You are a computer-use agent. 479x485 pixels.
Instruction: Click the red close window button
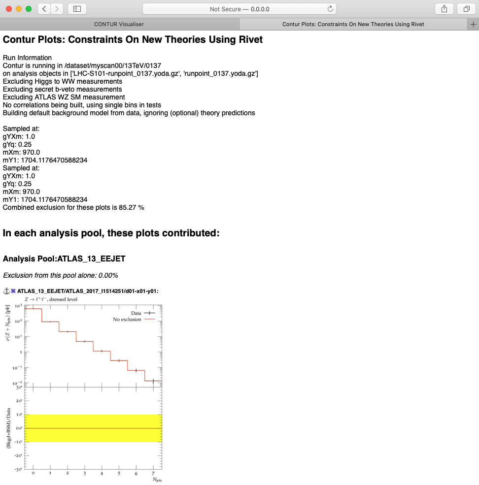pyautogui.click(x=9, y=9)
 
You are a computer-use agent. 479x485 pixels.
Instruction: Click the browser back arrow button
pyautogui.click(x=44, y=9)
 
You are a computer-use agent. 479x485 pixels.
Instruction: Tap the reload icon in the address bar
pyautogui.click(x=330, y=9)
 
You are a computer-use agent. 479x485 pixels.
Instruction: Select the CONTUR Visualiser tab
pyautogui.click(x=119, y=24)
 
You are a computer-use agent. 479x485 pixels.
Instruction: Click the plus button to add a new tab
pyautogui.click(x=474, y=24)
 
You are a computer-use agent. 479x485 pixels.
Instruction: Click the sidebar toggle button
pyautogui.click(x=77, y=9)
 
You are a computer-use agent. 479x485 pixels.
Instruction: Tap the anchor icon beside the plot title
pyautogui.click(x=6, y=291)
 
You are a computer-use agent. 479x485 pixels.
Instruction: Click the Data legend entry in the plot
pyautogui.click(x=137, y=313)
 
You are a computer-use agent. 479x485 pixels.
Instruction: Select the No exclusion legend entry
pyautogui.click(x=127, y=320)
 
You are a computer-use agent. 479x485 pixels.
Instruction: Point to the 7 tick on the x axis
pyautogui.click(x=153, y=473)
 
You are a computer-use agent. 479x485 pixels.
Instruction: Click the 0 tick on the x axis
pyautogui.click(x=33, y=473)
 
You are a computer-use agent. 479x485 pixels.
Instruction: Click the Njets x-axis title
pyautogui.click(x=156, y=480)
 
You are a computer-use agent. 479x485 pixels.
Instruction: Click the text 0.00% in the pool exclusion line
pyautogui.click(x=108, y=275)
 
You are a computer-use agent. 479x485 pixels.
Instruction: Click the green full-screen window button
pyautogui.click(x=29, y=9)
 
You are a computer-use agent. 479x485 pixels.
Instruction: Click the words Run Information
pyautogui.click(x=27, y=58)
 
